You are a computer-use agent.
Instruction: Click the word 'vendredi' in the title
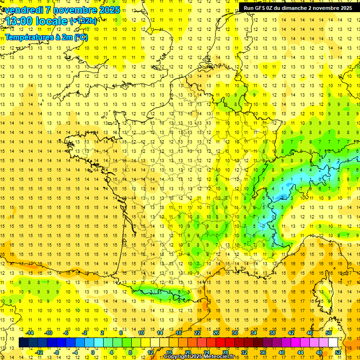[23, 10]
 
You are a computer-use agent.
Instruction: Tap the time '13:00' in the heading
[18, 21]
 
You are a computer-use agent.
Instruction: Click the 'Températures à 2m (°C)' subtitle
[46, 37]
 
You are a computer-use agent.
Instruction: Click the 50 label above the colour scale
[329, 333]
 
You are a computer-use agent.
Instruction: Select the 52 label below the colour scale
[338, 352]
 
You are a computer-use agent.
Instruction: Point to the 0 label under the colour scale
[92, 352]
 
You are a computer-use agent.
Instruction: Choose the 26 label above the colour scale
[216, 333]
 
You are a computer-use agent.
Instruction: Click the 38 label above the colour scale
[272, 333]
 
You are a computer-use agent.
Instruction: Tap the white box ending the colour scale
[333, 343]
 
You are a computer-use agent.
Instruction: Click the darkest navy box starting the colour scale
[23, 343]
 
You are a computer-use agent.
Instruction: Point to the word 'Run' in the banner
[248, 8]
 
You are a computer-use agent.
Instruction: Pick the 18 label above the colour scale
[179, 333]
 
